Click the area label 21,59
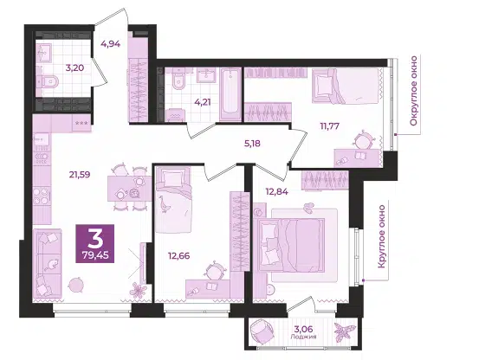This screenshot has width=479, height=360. (80, 175)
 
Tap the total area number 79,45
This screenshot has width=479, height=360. (95, 254)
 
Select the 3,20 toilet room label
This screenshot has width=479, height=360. (74, 67)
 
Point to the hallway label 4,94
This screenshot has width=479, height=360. (111, 44)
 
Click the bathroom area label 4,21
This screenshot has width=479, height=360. (203, 102)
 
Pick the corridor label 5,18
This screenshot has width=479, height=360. (252, 143)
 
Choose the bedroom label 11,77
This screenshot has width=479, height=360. (330, 125)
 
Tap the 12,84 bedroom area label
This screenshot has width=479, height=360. (277, 192)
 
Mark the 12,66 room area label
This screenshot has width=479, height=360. (179, 255)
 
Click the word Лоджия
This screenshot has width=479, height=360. (303, 337)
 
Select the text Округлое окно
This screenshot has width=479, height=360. (414, 91)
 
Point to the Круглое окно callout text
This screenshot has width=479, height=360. (381, 236)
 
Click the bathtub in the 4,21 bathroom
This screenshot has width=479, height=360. (230, 94)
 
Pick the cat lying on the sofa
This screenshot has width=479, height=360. (51, 265)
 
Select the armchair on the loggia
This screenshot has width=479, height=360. (262, 332)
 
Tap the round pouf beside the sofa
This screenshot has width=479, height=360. (75, 285)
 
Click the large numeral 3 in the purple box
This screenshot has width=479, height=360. (95, 238)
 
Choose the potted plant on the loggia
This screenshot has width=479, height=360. (345, 332)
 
